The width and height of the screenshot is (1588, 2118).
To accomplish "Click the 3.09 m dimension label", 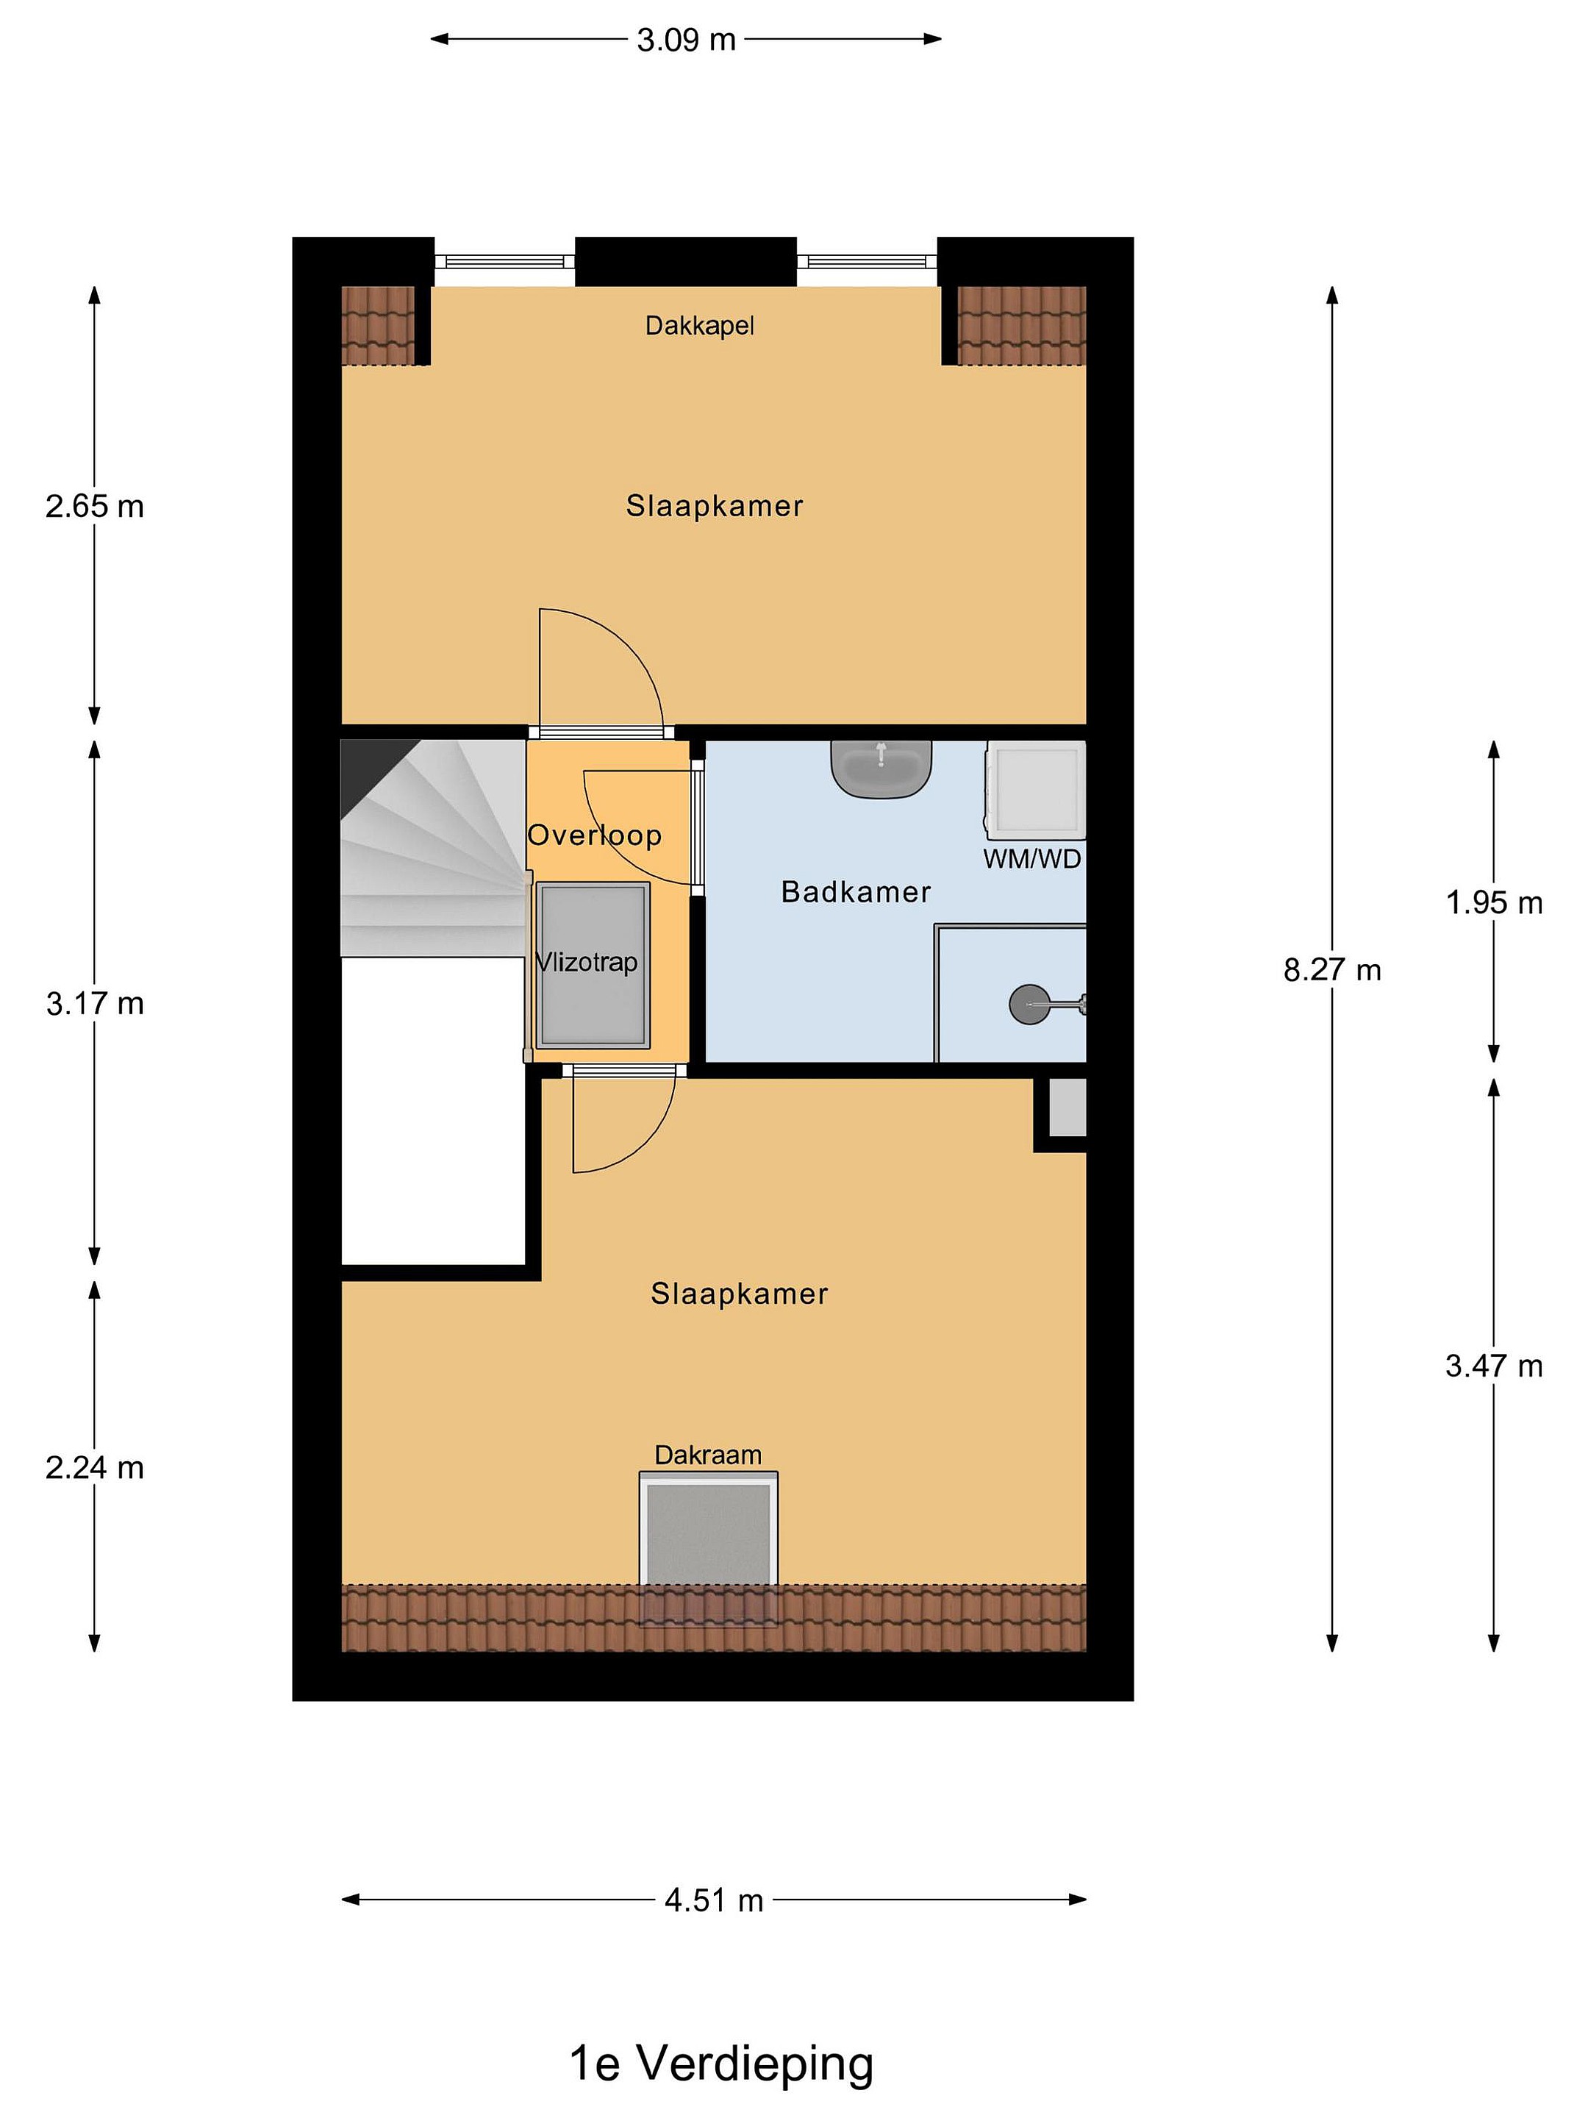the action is coord(687,39).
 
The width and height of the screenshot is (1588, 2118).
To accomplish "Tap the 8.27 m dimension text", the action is coord(1331,970).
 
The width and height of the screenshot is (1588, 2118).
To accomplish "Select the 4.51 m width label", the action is coord(714,1900).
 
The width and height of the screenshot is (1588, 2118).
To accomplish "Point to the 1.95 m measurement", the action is coord(1494,902).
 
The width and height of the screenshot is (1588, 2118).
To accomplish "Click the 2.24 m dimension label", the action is coord(95,1468).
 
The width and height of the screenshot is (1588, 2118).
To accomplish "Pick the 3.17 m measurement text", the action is coord(95,1003).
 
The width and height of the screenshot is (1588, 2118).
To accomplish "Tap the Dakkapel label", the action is coord(700,326).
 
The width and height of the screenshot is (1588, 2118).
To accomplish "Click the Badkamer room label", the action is coord(856,892).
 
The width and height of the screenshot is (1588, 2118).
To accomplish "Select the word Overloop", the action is coord(595,835).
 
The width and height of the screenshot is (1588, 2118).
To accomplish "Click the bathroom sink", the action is coord(881,768).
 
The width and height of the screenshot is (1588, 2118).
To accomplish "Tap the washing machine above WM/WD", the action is coord(1036,789).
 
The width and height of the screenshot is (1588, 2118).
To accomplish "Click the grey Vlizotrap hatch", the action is coord(593,965).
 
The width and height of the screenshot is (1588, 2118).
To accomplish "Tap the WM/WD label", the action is coord(1032,858).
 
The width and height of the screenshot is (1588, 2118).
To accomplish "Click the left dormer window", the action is coord(504,260).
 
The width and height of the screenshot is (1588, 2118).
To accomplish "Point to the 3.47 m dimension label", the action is coord(1494,1366).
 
